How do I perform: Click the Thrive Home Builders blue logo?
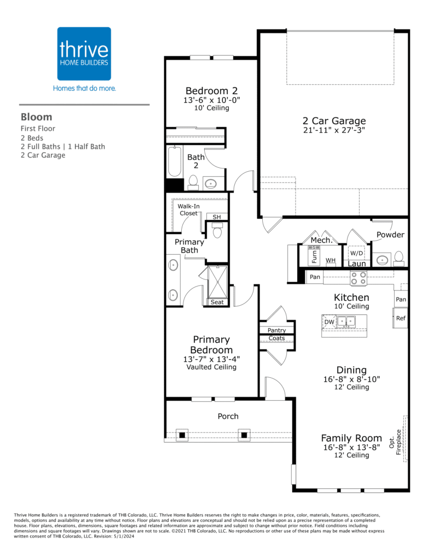tap(84, 54)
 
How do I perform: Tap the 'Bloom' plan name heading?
tap(37, 116)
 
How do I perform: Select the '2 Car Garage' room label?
tap(334, 121)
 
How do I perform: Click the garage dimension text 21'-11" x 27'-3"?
tap(334, 131)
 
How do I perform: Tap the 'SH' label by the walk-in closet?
tap(217, 217)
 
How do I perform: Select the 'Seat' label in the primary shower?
tap(217, 302)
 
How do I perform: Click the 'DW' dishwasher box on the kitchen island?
tap(329, 322)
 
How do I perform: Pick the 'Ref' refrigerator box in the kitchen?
tap(401, 318)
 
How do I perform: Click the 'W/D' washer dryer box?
tap(356, 254)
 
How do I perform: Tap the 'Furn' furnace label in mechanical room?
tap(314, 256)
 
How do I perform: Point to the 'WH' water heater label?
tap(330, 261)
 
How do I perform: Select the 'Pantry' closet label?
tap(276, 330)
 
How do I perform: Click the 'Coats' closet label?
tap(276, 339)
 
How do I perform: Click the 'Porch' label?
tap(228, 416)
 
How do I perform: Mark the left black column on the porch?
tap(182, 435)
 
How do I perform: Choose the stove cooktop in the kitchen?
tap(358, 278)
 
